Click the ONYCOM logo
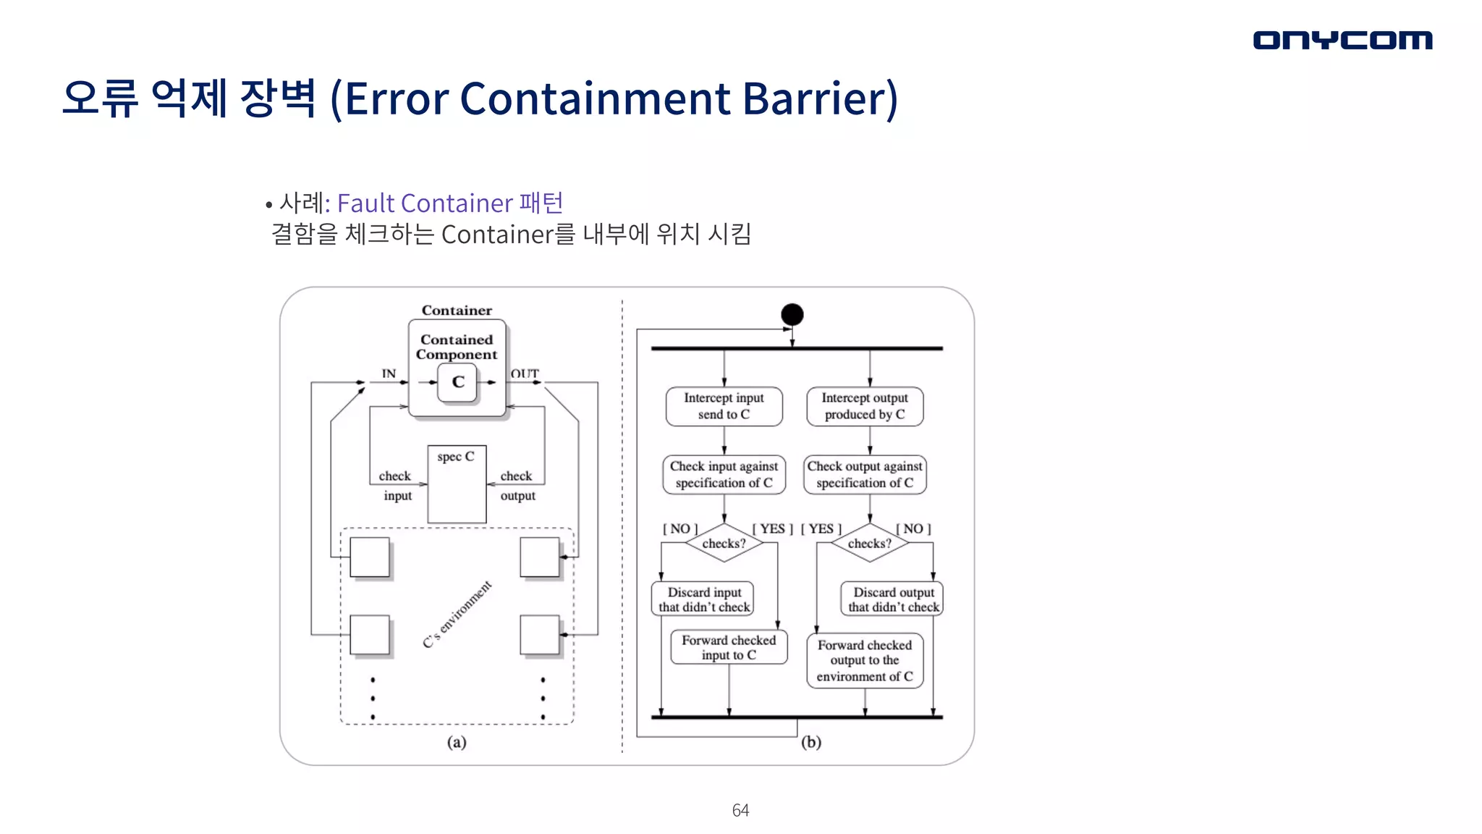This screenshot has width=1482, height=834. pos(1342,41)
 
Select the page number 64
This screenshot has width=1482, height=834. pos(740,810)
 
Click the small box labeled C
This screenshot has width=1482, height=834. pos(457,382)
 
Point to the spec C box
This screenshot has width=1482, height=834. pos(457,484)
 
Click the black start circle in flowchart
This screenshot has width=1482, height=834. pos(792,314)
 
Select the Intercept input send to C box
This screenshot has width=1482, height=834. pos(724,406)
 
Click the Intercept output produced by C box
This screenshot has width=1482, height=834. pos(865,406)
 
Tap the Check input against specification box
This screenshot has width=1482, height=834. pos(724,474)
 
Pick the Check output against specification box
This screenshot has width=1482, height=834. pos(865,474)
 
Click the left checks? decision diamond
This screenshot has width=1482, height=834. pos(724,543)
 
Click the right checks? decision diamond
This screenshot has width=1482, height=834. pos(870,543)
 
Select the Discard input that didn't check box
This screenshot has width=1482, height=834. pos(703,599)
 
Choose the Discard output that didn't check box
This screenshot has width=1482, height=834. pos(893,599)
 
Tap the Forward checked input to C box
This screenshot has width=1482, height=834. pos(729,647)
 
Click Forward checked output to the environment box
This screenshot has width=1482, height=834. pos(865,660)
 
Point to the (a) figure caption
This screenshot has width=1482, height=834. pos(457,742)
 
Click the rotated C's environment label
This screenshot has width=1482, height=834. pos(457,614)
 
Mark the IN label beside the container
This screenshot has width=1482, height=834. pos(389,374)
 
